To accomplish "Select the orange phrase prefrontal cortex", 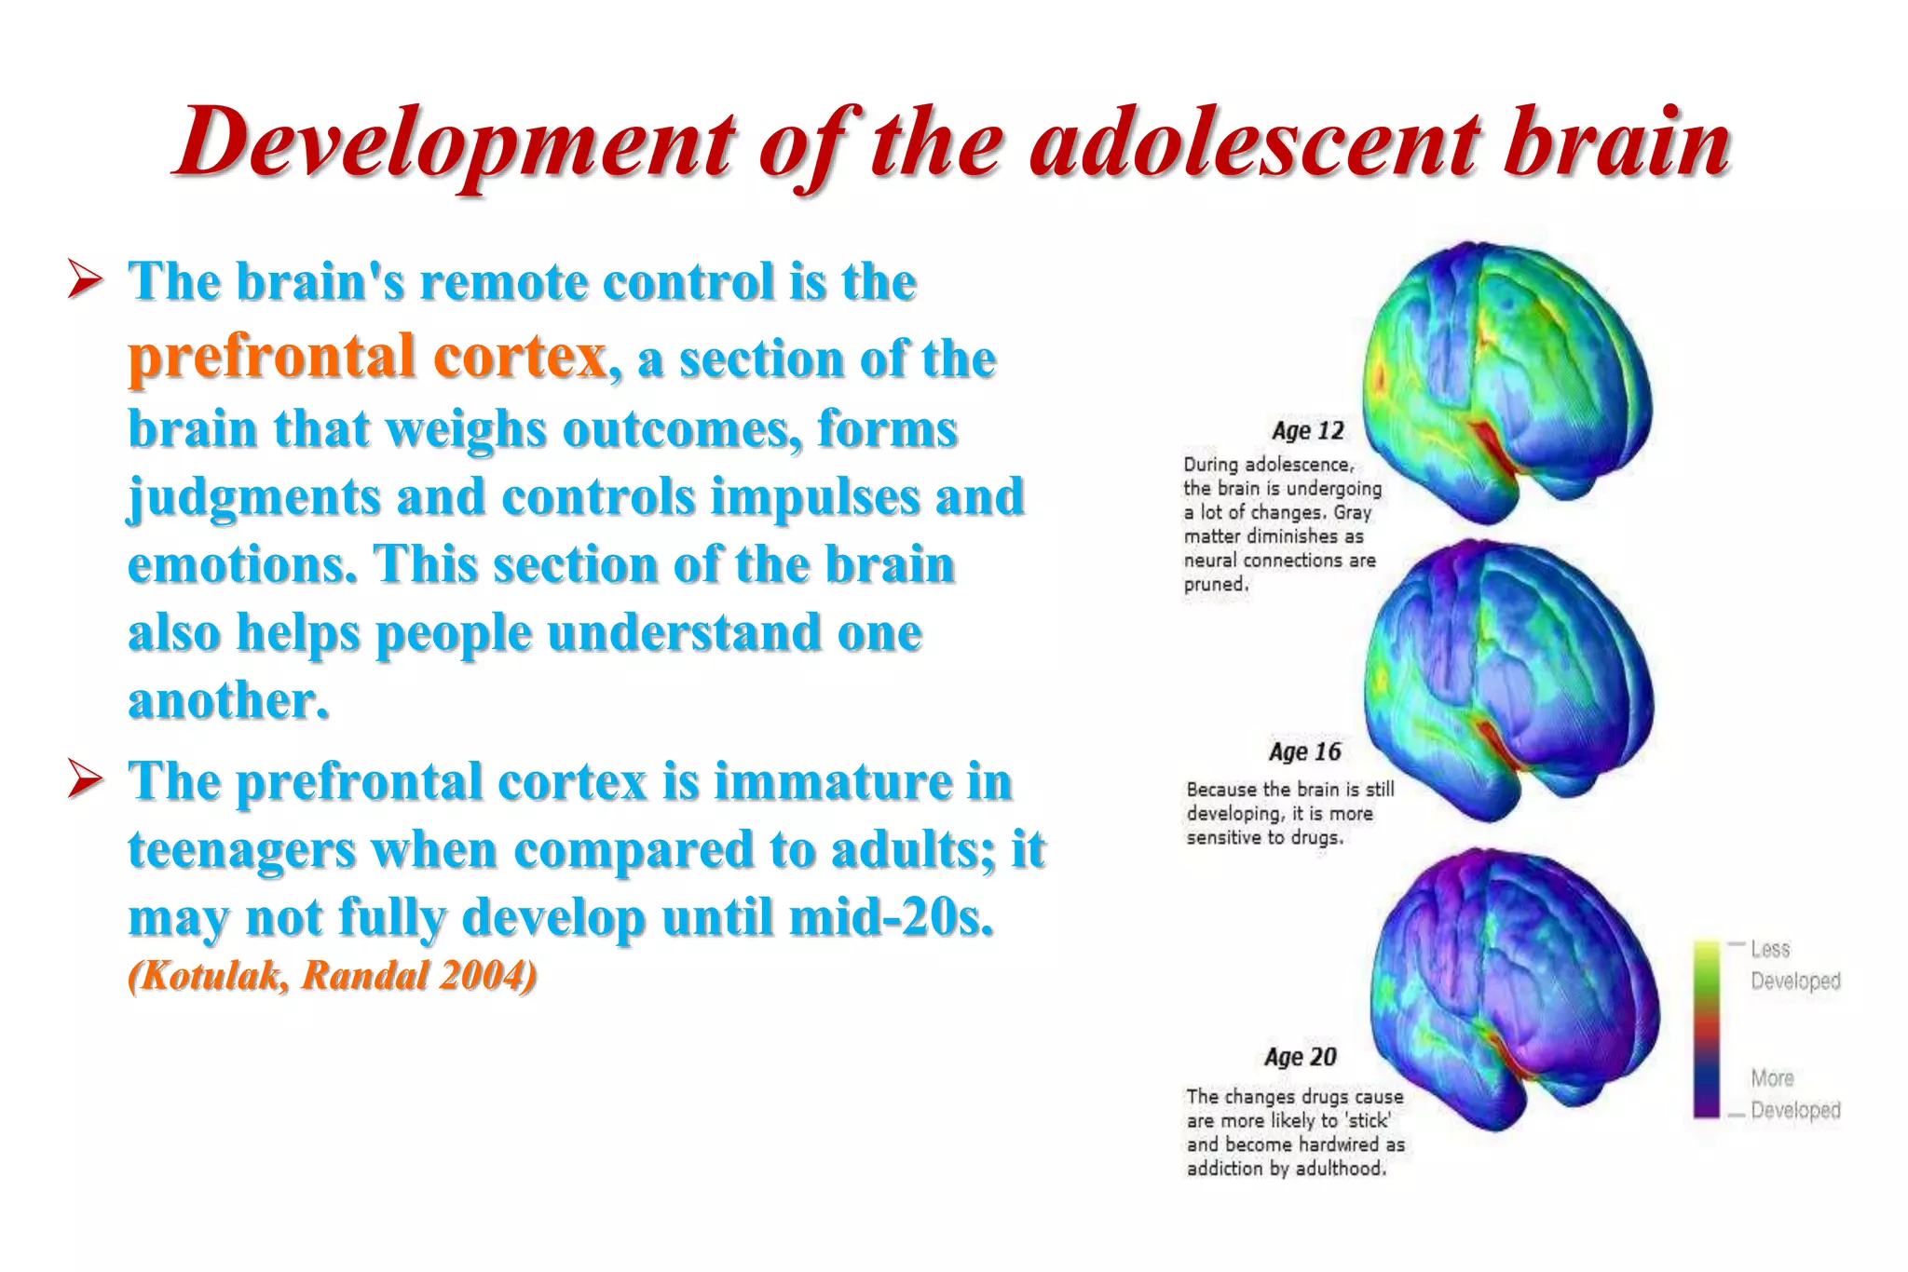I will [367, 357].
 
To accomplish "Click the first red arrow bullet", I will [85, 281].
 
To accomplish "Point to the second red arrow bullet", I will [85, 780].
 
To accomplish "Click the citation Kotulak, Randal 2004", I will [333, 976].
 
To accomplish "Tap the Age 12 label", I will [1308, 431].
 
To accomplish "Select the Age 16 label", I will [1304, 751].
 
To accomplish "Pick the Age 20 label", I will [1301, 1057].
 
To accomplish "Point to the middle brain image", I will [1509, 680].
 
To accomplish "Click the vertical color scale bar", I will [1706, 1029].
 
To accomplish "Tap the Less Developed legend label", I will [1794, 965].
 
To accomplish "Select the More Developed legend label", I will [1794, 1094].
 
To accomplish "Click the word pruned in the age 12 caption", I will [1215, 585].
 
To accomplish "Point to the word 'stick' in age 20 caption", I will [1367, 1120].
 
